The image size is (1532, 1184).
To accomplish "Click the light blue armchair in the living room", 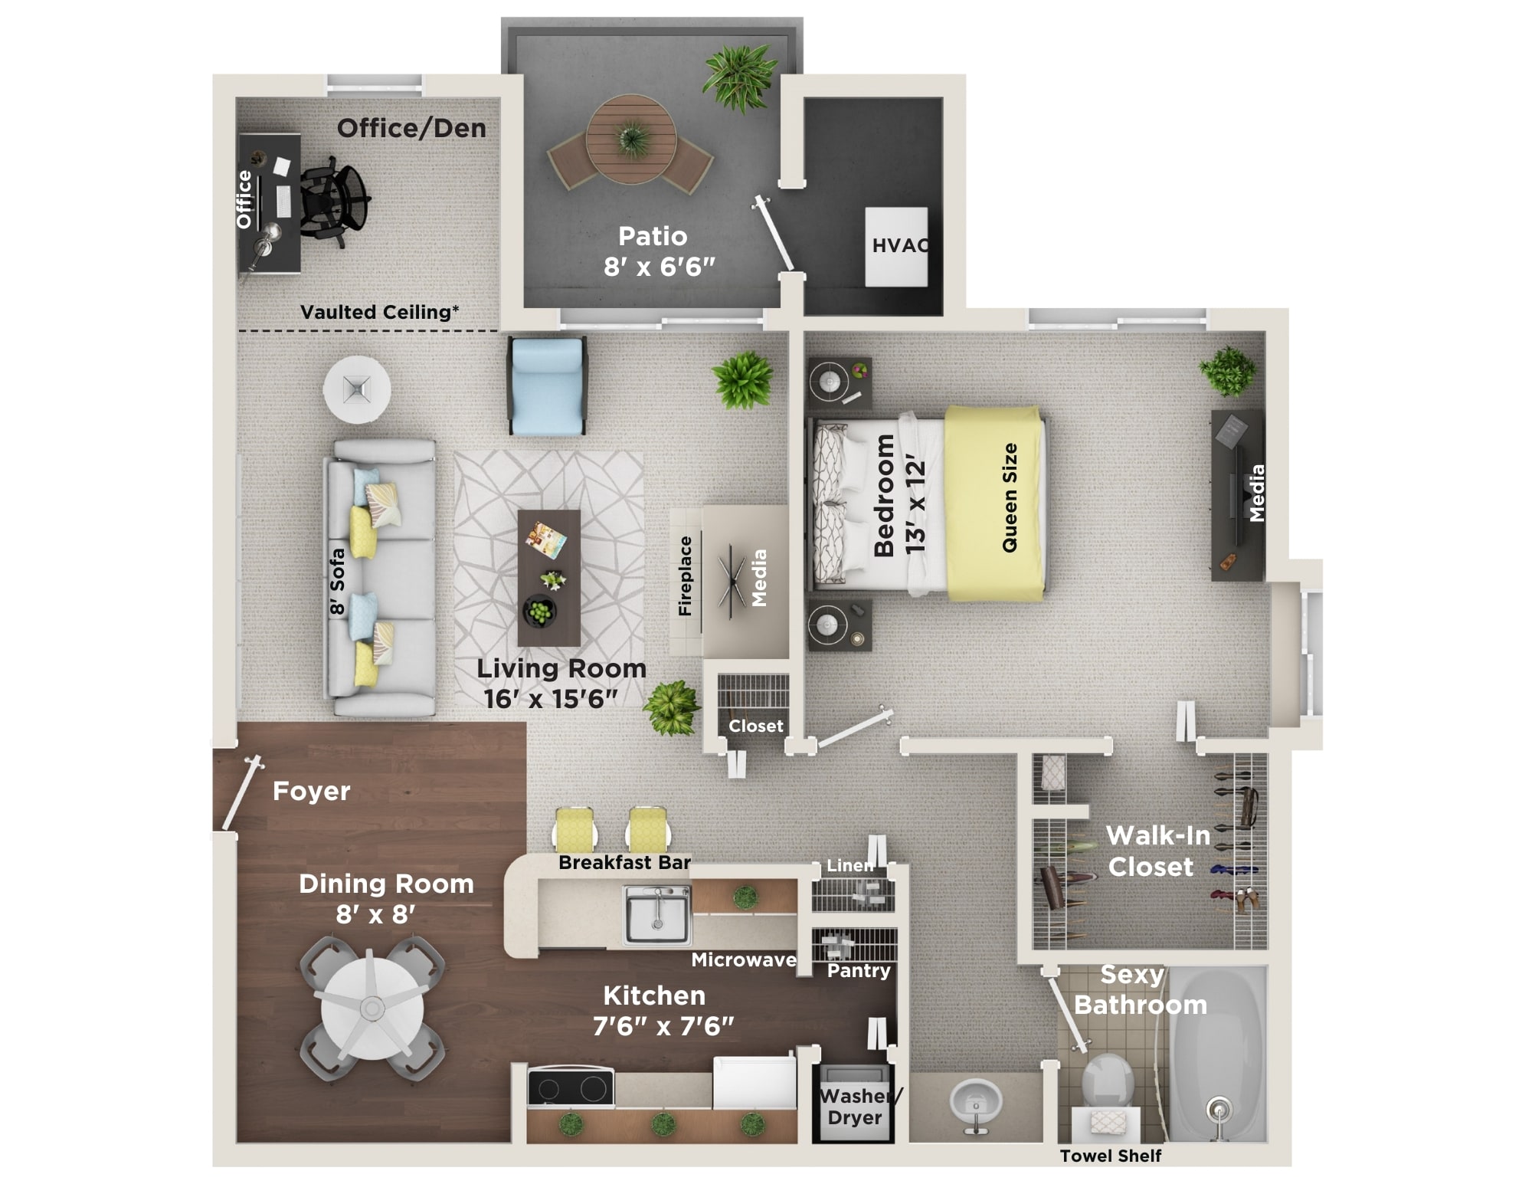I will coord(547,387).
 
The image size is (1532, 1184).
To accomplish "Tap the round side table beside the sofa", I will coord(357,389).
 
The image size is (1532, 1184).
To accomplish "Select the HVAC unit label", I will coord(900,245).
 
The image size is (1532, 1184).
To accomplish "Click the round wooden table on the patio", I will coord(631,139).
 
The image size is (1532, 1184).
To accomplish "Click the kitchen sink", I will coord(657,913).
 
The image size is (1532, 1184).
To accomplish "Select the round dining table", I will coord(372,1007).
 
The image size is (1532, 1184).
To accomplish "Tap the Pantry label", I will coord(859,970).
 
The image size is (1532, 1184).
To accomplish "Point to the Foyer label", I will coord(311,791).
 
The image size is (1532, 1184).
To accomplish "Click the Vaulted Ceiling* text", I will coord(379,312).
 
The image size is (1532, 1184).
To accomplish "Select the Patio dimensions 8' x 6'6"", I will coord(659,267).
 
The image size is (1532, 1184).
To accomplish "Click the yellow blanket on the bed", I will coord(994,502).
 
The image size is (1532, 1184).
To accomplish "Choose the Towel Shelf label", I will coord(1110,1156).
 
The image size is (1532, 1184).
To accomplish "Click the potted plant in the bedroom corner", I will coord(1228,370).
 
